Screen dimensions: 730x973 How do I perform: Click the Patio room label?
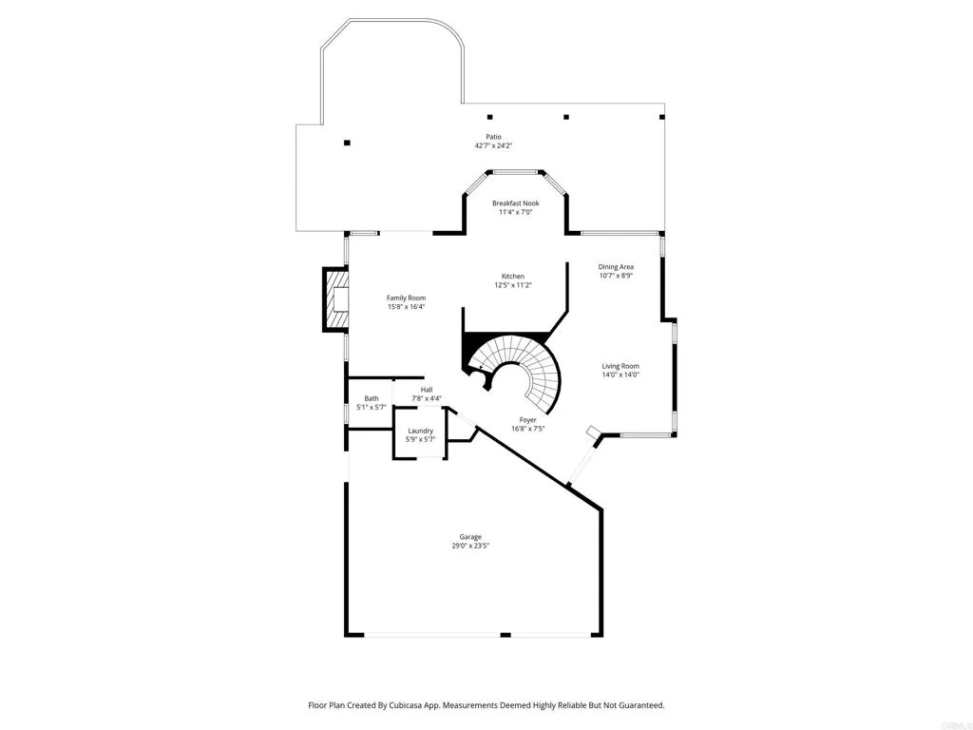[493, 137]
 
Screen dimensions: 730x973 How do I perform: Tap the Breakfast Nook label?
[515, 203]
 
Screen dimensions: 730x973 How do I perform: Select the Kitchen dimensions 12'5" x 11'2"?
[512, 285]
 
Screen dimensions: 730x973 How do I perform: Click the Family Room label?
[406, 298]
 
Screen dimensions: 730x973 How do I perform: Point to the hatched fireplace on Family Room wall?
[335, 299]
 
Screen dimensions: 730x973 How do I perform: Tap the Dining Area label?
[616, 267]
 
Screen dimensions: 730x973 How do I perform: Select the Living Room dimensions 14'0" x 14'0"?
[620, 375]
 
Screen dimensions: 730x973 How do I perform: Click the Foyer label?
[527, 419]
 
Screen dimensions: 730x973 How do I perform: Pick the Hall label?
[427, 390]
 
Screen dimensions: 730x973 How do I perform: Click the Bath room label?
[372, 398]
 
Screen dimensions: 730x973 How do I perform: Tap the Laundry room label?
[421, 431]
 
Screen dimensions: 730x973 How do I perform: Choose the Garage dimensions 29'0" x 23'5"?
[470, 546]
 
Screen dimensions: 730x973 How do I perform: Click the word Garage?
[470, 537]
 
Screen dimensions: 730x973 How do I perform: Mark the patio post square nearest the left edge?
[348, 143]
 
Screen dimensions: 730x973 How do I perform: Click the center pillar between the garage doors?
[506, 634]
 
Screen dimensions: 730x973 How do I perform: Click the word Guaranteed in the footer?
[637, 705]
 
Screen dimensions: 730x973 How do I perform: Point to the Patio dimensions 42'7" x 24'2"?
[493, 146]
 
